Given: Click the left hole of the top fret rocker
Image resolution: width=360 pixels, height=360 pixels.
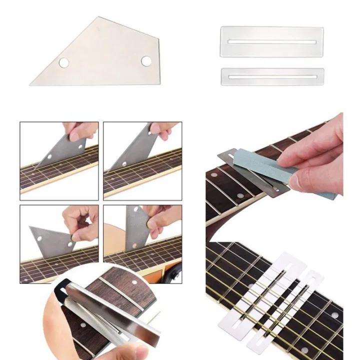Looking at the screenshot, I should point(64,62).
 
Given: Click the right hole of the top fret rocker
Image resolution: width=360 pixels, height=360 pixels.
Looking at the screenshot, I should point(146,61).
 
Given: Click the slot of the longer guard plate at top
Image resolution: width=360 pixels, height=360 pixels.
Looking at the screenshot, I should point(272,41).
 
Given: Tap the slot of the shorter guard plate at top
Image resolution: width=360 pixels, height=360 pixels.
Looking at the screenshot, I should point(272,77).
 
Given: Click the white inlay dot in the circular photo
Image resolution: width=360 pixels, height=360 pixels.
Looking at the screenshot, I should point(134,283).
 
